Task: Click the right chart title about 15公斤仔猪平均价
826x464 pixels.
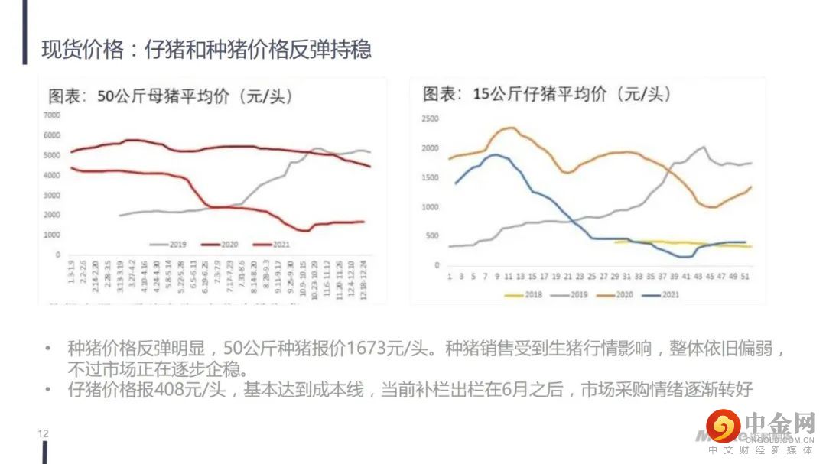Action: [x=547, y=94]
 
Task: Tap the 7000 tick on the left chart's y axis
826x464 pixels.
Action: [x=51, y=115]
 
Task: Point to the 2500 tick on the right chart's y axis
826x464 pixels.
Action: [x=430, y=119]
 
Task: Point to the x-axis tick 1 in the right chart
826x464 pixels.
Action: [x=449, y=276]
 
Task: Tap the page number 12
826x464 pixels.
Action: [x=43, y=433]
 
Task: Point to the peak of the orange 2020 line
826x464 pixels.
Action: [x=510, y=128]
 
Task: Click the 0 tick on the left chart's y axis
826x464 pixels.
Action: [x=57, y=255]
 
